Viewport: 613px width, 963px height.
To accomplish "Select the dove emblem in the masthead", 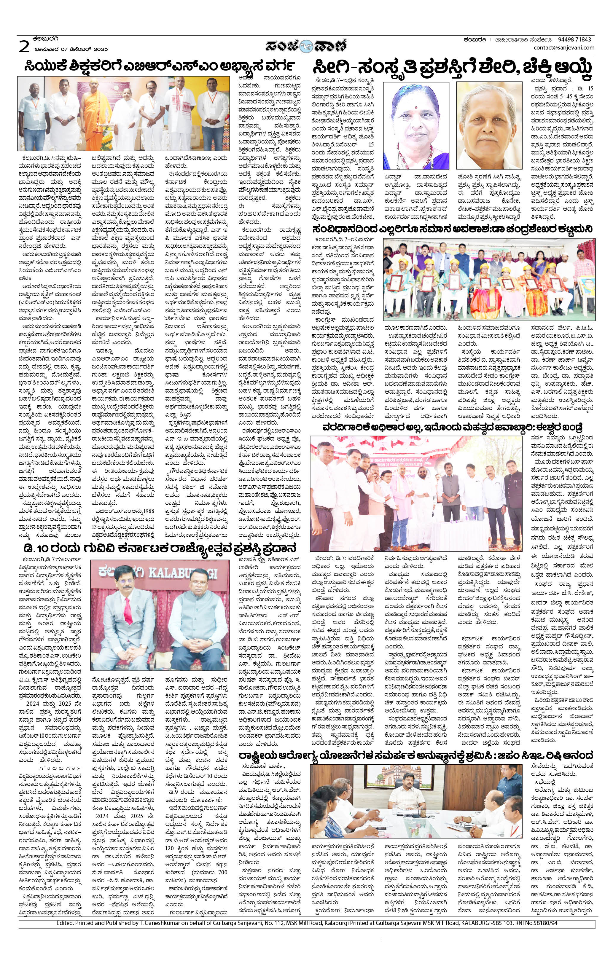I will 307,45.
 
